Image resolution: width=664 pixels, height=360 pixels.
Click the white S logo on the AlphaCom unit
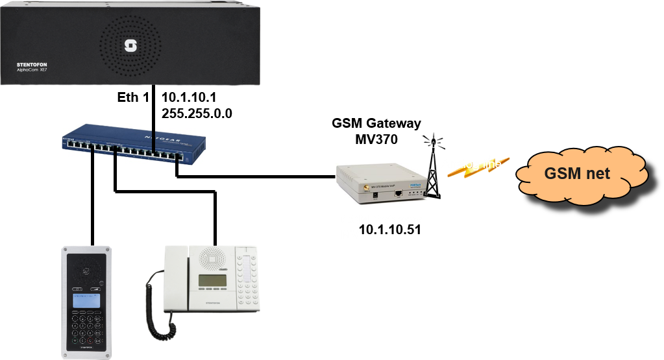(x=129, y=45)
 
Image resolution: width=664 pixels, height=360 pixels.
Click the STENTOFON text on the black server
(x=32, y=66)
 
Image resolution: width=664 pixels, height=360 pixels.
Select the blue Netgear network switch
(x=134, y=144)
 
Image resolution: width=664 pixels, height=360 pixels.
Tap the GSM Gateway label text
(x=381, y=221)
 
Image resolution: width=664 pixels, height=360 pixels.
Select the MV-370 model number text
(x=362, y=235)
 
